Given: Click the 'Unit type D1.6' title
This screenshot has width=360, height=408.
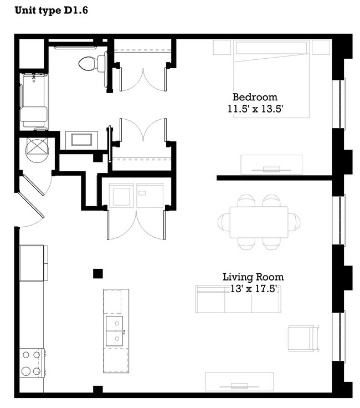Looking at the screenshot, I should tap(50, 10).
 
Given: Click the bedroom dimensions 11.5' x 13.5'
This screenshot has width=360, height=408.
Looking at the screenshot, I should tap(255, 109).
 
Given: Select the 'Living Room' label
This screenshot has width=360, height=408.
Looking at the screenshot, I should tap(253, 277).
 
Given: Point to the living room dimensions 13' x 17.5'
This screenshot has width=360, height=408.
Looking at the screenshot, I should tap(253, 289).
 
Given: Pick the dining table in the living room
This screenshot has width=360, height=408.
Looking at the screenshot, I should tap(259, 222).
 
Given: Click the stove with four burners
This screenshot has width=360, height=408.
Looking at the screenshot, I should tap(31, 363).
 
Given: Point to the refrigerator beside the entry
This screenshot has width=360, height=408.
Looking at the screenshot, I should tap(33, 263).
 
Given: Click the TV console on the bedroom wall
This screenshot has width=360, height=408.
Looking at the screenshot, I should tap(271, 165).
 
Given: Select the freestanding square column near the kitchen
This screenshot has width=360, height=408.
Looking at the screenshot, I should tap(98, 273).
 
